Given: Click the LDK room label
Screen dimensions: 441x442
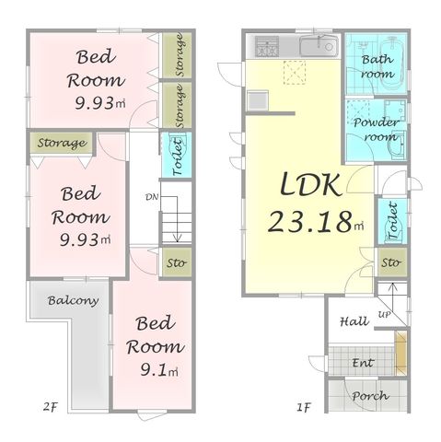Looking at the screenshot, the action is coord(310,184).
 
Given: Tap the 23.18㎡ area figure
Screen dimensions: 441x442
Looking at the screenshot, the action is coord(316,222).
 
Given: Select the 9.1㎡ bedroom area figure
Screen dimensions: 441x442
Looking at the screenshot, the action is coord(159,369).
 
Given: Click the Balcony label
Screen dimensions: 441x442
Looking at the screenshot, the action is coord(73,300).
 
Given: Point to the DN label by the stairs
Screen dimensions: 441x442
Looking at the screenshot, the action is coord(152,197).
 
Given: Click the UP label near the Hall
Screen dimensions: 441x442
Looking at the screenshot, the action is coord(384,315).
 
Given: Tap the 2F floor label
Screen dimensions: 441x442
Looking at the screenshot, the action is coord(51,407).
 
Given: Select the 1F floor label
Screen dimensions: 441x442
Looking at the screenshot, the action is coord(304,407).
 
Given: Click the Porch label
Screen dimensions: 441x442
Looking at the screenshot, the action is coord(370,396).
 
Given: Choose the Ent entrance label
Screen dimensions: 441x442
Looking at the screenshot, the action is coord(363,363).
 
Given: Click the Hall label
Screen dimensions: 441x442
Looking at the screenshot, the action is coord(354,321).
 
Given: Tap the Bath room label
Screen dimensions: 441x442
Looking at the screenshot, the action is coord(377,66).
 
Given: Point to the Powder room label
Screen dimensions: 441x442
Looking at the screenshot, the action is coord(376,130).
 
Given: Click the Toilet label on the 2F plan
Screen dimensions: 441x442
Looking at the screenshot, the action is coord(178,157).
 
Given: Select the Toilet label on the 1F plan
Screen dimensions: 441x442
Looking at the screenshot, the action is coord(393,220).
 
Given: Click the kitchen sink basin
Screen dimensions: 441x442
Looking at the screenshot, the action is coord(319,46).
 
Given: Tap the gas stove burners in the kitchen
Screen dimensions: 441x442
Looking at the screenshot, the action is coord(267,46).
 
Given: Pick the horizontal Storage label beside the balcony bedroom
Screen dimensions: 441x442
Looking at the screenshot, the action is coord(62,143).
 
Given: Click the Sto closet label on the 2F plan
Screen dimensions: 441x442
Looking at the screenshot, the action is coord(176,263).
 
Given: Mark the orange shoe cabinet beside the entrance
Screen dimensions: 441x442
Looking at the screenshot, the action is coord(400,353).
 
